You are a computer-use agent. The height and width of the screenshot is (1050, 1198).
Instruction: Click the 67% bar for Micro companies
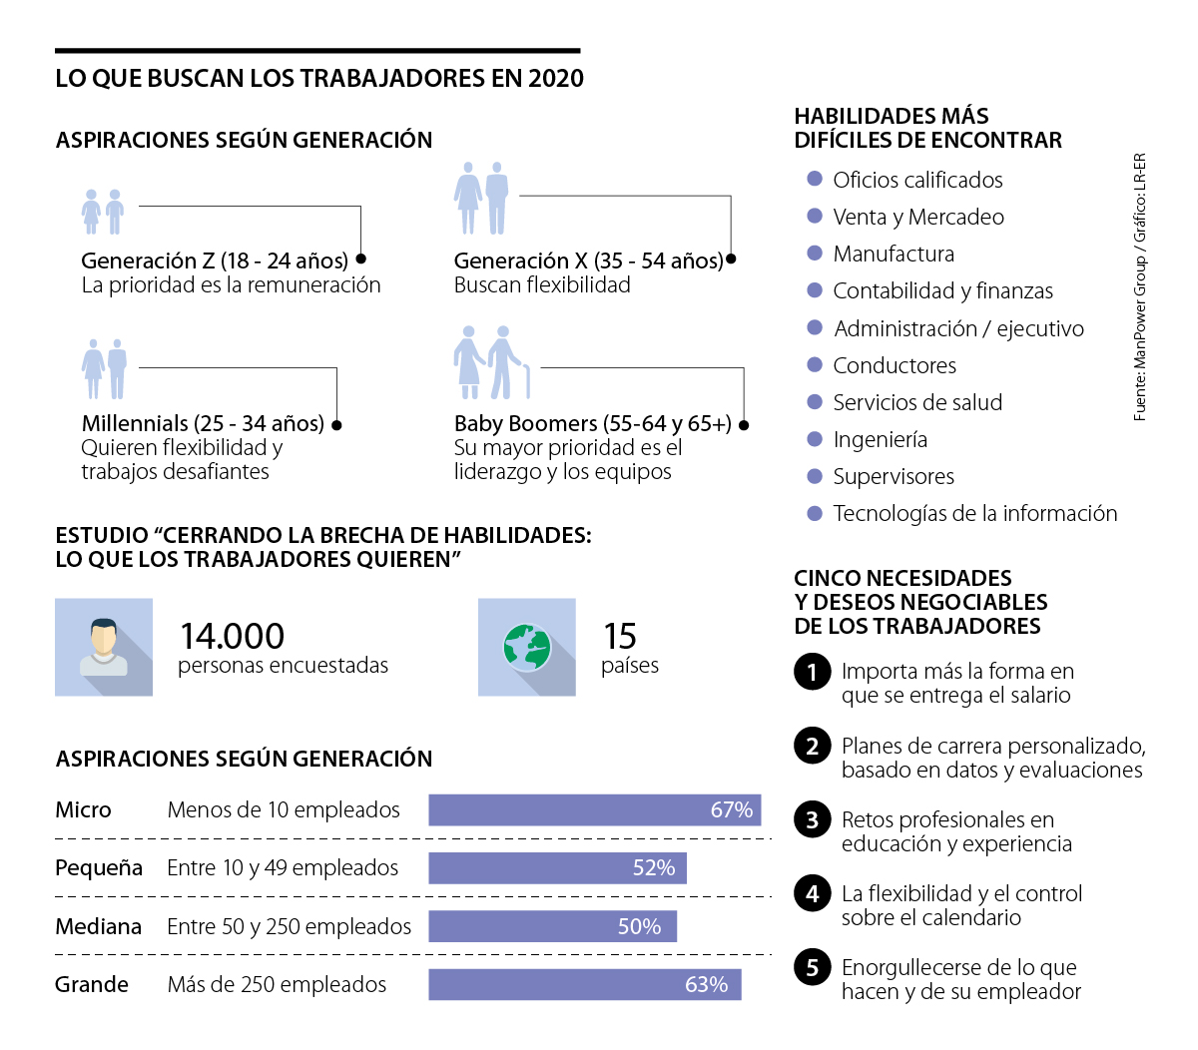(x=594, y=810)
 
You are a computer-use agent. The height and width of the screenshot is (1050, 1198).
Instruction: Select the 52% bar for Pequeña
(x=557, y=868)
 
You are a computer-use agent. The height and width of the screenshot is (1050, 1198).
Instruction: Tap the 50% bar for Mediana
(x=552, y=926)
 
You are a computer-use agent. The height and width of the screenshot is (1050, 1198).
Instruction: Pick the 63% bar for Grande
(x=584, y=984)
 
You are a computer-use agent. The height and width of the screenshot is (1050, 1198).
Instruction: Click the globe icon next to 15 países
(x=527, y=647)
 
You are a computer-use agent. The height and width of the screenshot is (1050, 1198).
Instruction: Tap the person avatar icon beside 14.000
(x=104, y=647)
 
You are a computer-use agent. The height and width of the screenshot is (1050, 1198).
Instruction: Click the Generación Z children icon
(x=103, y=212)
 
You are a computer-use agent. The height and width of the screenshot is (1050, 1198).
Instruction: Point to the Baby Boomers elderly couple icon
(x=490, y=361)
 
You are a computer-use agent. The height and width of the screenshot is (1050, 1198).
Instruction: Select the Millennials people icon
(x=105, y=368)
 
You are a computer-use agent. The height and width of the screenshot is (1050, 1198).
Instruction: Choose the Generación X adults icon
(x=482, y=198)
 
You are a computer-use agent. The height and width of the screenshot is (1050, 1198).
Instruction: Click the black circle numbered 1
(x=813, y=672)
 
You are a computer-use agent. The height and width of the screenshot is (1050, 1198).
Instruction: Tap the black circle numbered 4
(x=813, y=893)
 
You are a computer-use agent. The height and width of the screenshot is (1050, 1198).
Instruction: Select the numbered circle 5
(x=813, y=967)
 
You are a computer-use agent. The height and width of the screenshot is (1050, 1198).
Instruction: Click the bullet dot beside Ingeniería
(x=815, y=439)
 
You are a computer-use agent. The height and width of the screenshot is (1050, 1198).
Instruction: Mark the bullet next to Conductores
(x=815, y=365)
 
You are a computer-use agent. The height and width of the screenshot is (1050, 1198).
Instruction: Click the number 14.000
(x=232, y=636)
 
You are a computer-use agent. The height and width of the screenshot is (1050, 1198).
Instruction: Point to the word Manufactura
(x=894, y=255)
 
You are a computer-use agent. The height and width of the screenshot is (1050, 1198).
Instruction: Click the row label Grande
(x=92, y=985)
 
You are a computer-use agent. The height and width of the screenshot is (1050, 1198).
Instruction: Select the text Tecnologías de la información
(x=974, y=514)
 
